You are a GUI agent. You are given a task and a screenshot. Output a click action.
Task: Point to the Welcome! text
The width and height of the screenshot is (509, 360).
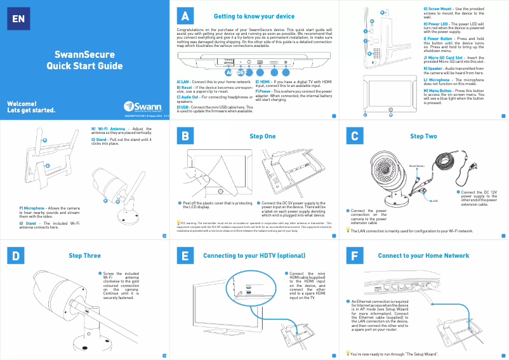coord(21,103)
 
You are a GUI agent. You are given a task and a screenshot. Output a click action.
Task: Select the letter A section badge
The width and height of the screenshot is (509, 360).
coord(184,15)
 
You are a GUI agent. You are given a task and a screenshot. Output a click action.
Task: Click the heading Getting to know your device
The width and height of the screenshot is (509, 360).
coord(254,15)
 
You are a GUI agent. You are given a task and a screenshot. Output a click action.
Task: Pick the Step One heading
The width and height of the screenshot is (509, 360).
coord(263,136)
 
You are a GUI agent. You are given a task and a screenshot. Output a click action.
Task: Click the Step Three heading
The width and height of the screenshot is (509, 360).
coord(84,255)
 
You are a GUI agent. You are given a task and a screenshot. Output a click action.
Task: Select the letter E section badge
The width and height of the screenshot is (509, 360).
coord(184,255)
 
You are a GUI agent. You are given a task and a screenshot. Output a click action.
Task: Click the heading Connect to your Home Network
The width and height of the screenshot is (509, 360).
coord(423,255)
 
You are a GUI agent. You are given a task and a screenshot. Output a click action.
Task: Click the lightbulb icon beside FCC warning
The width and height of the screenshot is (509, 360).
coord(178,223)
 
